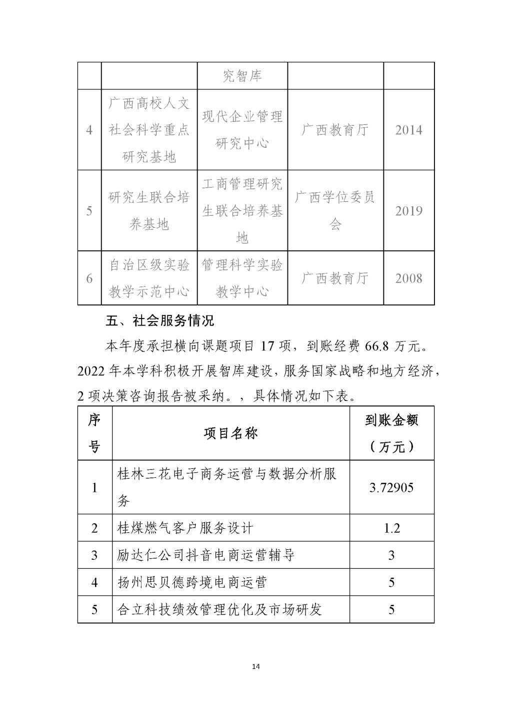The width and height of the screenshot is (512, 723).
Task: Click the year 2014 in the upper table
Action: coord(408,130)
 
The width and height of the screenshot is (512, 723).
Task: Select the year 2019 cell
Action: coord(408,211)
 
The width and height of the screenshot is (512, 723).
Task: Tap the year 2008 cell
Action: coord(408,278)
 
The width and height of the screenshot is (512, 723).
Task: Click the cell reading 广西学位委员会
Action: coord(335,211)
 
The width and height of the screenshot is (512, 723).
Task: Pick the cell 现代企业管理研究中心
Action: coord(242,130)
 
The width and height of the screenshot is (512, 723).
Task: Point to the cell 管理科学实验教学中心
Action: coord(242,278)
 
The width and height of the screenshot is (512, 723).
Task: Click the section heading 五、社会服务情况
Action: coord(160,320)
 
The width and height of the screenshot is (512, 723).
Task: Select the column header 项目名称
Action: coord(230,433)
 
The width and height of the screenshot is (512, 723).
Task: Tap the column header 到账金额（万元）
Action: coord(391,433)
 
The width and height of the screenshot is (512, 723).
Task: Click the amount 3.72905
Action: coord(391,487)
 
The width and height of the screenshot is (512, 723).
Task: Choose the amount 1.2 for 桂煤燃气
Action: coord(391,528)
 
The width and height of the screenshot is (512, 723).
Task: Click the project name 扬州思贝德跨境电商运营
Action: coord(192,582)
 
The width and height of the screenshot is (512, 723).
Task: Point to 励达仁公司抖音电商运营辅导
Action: coord(205,555)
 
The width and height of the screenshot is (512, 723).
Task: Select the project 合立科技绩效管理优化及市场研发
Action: coord(219,609)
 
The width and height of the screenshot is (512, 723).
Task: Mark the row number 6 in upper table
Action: coord(89,278)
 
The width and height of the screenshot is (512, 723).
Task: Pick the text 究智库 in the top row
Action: coord(242,76)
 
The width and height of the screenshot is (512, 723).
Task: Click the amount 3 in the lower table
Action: coord(391,555)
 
